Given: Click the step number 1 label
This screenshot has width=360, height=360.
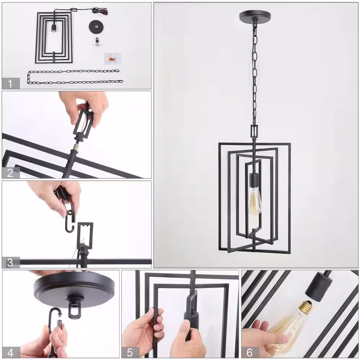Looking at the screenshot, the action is point(10,84).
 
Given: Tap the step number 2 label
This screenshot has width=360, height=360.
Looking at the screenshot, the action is point(10,173).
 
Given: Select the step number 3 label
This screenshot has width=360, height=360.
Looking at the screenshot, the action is point(10,263).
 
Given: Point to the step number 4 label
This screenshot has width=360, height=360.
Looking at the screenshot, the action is point(10,352).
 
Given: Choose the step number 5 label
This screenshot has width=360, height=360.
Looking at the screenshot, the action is point(130,352).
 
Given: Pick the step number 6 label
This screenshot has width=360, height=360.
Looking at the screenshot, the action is point(249,352).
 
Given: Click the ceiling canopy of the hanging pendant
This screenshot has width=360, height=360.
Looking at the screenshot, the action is point(255,17).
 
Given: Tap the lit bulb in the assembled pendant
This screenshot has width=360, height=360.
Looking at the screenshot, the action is point(255,201).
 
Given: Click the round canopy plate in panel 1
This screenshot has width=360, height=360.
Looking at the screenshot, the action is point(96,26).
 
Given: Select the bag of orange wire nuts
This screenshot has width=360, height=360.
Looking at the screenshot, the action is point(112,59).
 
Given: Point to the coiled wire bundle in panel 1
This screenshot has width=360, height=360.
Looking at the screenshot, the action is point(100,10).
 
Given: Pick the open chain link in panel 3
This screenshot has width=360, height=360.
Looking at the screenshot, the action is point(70,221).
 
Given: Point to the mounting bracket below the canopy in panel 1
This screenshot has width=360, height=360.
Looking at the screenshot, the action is point(97,42).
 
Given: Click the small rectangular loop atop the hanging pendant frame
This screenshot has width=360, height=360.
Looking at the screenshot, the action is point(254,131).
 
